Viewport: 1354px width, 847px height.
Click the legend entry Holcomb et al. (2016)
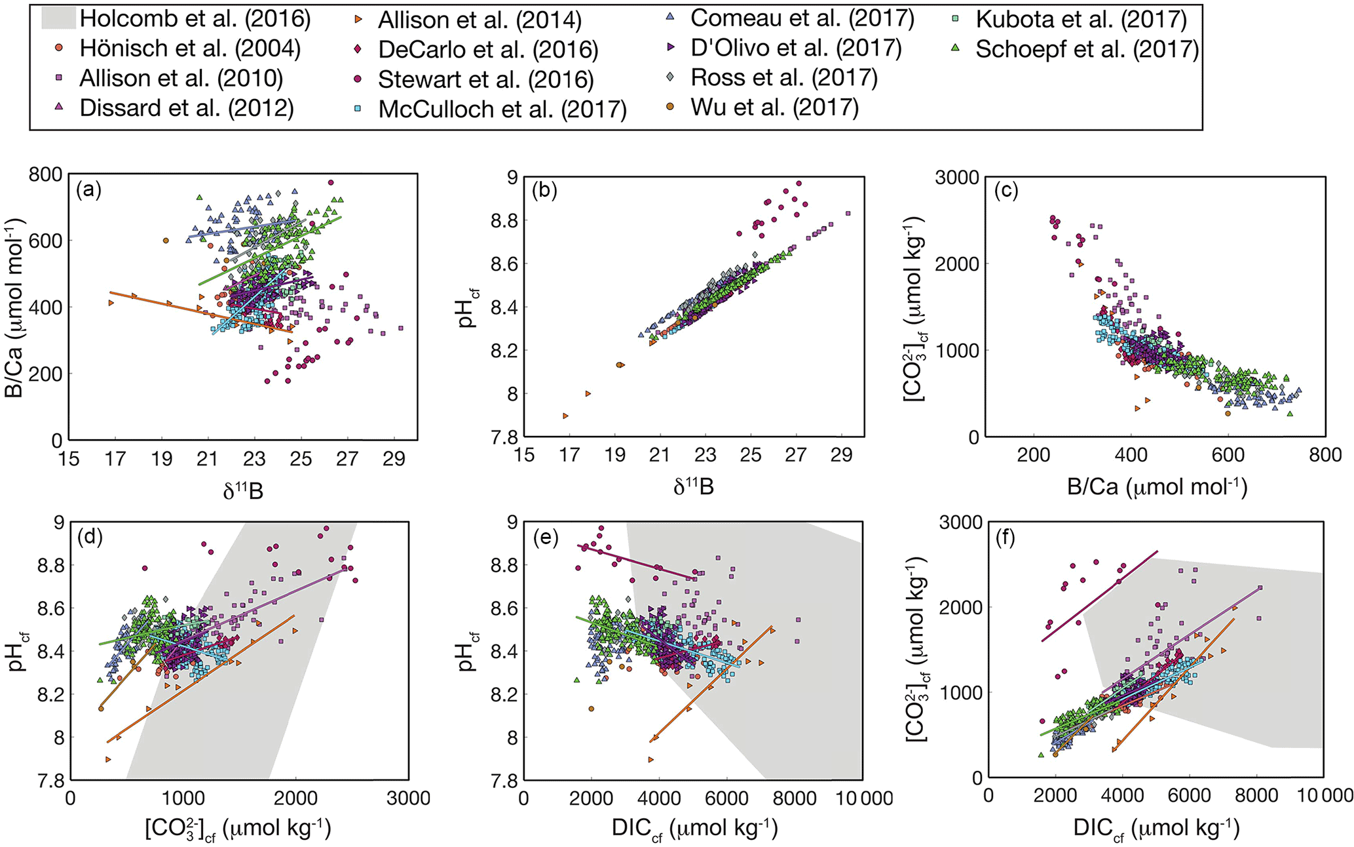(195, 19)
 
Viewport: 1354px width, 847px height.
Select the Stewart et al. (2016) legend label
(485, 79)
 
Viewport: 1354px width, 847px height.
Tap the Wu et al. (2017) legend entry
(774, 108)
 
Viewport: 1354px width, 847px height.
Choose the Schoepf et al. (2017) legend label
(1087, 49)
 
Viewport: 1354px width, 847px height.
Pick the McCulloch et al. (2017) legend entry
(502, 109)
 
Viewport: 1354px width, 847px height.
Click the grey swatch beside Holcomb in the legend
(58, 18)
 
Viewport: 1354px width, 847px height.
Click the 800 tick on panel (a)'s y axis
(46, 174)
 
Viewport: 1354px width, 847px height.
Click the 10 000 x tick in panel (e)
(861, 798)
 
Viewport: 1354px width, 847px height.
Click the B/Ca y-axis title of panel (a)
(14, 307)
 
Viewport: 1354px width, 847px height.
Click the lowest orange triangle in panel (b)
(565, 416)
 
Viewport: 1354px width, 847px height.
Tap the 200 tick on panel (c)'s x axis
(1033, 455)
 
